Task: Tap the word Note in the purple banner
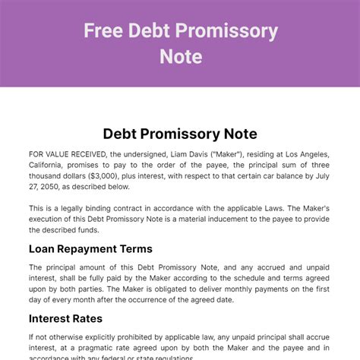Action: [181, 56]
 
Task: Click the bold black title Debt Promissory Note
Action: [180, 134]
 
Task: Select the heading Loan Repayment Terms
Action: [90, 248]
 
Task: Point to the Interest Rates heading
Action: [65, 318]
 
